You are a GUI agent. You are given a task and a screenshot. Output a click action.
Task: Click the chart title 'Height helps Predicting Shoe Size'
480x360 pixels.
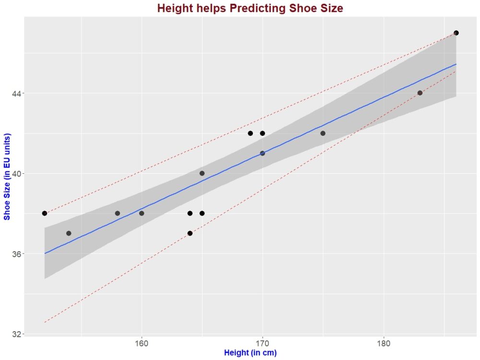click(x=250, y=8)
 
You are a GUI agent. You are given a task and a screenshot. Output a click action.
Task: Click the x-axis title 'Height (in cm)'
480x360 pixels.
click(x=250, y=353)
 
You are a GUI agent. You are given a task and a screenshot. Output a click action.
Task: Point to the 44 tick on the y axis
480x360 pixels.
click(x=16, y=93)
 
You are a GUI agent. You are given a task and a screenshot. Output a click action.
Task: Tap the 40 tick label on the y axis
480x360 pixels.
click(x=16, y=173)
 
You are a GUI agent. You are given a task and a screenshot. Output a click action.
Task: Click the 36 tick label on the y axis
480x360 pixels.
click(x=16, y=253)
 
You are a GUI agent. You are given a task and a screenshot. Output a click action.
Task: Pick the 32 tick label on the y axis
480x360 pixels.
click(x=16, y=334)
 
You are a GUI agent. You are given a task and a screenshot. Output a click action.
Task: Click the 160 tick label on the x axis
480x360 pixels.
click(x=142, y=344)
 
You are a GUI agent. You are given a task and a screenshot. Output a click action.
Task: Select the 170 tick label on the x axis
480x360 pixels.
click(x=263, y=344)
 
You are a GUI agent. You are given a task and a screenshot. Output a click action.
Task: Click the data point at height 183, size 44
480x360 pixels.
click(x=420, y=93)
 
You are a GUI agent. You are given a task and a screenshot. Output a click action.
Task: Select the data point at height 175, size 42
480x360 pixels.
click(x=323, y=133)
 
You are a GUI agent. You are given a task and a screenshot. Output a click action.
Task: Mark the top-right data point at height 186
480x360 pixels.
click(x=456, y=33)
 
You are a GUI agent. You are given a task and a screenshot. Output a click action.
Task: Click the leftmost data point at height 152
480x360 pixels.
click(x=45, y=213)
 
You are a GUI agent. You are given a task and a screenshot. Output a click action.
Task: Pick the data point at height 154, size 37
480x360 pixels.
click(x=69, y=233)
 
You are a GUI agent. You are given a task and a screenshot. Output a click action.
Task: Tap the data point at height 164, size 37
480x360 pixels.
click(x=190, y=233)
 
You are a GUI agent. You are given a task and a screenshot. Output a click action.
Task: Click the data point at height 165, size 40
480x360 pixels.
click(x=202, y=173)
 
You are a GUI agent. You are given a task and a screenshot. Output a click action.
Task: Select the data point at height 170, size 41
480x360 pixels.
click(x=263, y=153)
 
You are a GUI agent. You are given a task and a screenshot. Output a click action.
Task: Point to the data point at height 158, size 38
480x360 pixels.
click(x=117, y=213)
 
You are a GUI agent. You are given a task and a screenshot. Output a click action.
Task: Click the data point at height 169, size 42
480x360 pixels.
click(x=251, y=133)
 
